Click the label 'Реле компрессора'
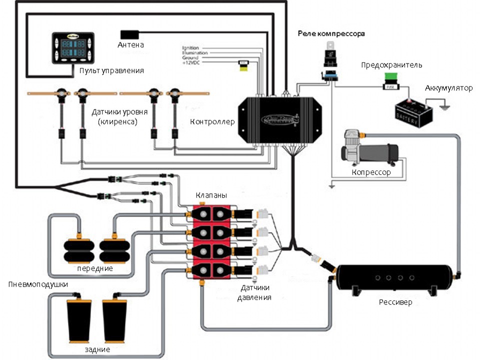pos(331,34)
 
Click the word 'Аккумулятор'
pos(448,88)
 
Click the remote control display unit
pos(72,48)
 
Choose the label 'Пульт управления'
pos(111,70)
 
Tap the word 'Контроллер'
pos(212,121)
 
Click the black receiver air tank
pos(395,278)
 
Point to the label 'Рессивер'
pos(395,302)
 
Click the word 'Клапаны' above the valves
pos(211,195)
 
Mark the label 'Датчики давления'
pos(256,292)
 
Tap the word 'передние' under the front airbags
pos(94,268)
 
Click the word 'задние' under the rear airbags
pos(97,349)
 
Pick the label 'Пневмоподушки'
pos(38,284)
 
